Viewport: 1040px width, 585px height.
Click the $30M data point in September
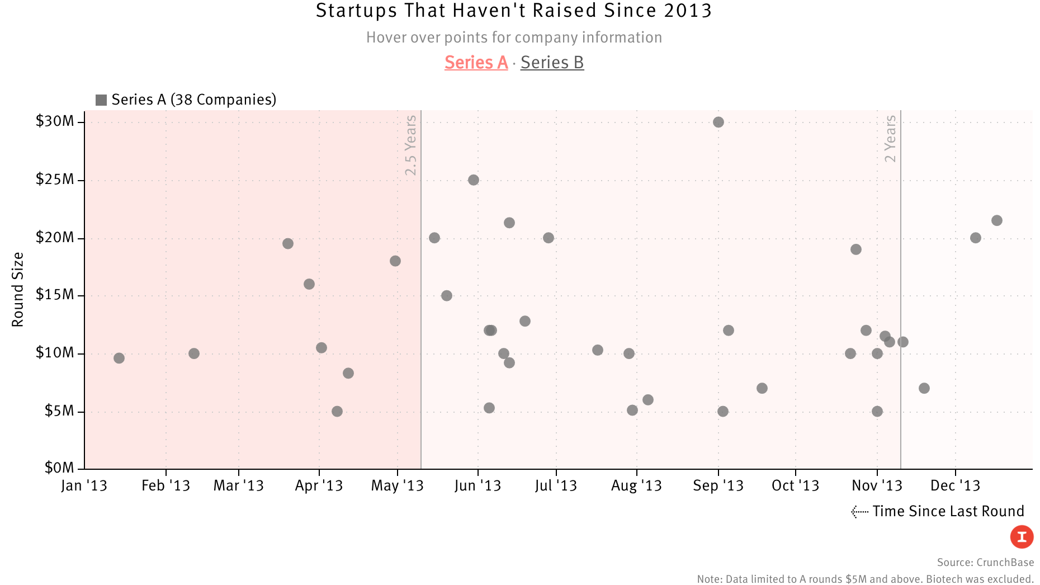[718, 122]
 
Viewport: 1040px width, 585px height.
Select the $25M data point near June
[474, 180]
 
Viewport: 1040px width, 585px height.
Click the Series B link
[552, 63]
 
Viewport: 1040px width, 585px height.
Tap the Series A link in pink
[476, 63]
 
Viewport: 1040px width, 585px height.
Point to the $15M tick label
[54, 295]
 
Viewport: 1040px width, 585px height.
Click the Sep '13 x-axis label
[718, 485]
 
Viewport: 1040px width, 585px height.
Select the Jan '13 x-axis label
[84, 485]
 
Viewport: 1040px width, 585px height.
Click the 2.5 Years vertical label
[411, 145]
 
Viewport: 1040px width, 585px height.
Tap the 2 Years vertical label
[890, 139]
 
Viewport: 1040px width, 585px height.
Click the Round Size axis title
[18, 289]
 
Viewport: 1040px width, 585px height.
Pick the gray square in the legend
[101, 100]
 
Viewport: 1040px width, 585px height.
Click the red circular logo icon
[1022, 537]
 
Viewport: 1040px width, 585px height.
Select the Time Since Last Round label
[948, 511]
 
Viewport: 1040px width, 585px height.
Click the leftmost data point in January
[119, 358]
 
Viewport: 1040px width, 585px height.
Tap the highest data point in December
[997, 220]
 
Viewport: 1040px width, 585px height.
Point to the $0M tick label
[59, 468]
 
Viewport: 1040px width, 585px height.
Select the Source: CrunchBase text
[985, 562]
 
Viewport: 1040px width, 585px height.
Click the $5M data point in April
[337, 412]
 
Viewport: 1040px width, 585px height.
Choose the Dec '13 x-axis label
[955, 485]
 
